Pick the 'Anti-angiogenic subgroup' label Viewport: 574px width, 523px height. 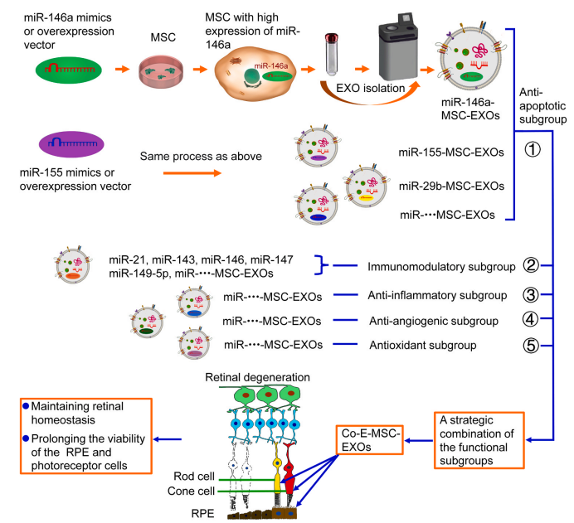[432, 320]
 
